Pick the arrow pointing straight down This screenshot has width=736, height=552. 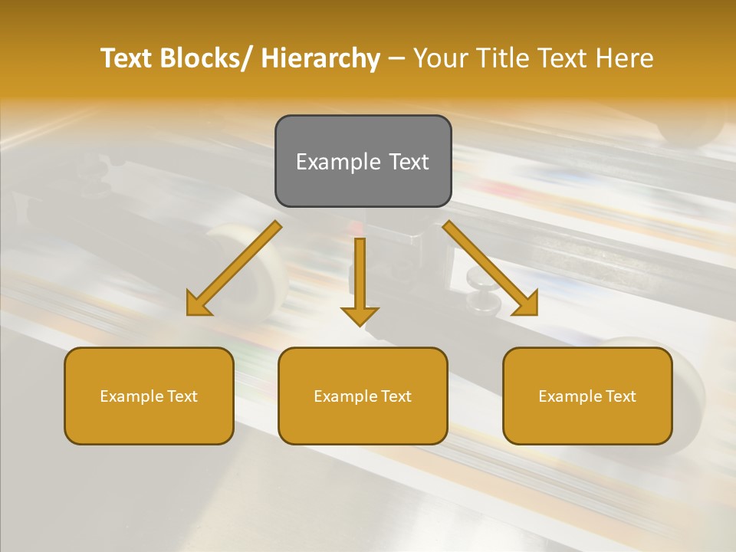(x=360, y=280)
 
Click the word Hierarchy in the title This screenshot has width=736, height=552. (x=320, y=58)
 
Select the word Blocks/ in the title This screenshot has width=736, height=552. (x=202, y=58)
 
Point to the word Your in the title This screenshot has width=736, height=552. (x=440, y=58)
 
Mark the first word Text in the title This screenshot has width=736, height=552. (x=127, y=58)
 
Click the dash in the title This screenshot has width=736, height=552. (x=396, y=58)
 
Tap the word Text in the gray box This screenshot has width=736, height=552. (x=409, y=162)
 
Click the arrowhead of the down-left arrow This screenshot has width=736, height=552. (x=198, y=304)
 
